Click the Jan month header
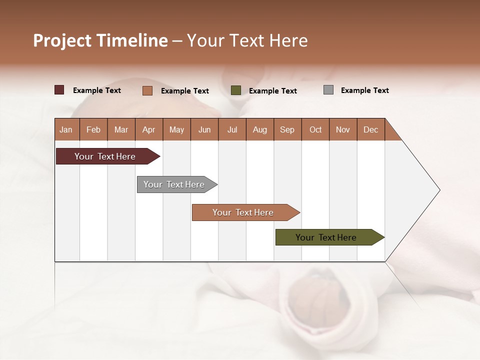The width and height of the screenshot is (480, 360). point(66,129)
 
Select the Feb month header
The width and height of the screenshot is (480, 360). point(93,129)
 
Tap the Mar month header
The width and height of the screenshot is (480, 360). point(121,129)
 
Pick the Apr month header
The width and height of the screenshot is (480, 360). point(149,129)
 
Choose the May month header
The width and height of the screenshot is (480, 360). point(176,129)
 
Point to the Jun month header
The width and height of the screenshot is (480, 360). point(204,129)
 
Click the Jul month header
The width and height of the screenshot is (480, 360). point(232,129)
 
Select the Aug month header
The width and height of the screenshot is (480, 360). point(260,129)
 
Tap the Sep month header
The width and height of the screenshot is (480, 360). point(287,129)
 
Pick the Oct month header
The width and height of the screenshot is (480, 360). point(315,129)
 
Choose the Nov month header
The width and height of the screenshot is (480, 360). point(343,129)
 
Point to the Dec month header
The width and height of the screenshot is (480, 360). point(371,129)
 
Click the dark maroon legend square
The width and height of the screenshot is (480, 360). point(59,90)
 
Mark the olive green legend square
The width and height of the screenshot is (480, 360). point(236,90)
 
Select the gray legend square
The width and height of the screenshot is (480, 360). point(328,90)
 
